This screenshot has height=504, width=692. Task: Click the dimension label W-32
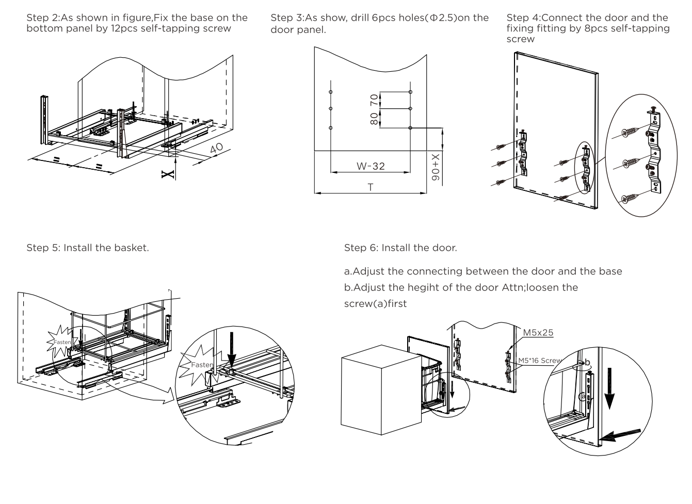[371, 166]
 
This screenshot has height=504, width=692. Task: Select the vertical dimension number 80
[374, 119]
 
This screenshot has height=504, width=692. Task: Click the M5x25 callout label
[538, 333]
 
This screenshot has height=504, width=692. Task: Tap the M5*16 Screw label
[539, 361]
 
